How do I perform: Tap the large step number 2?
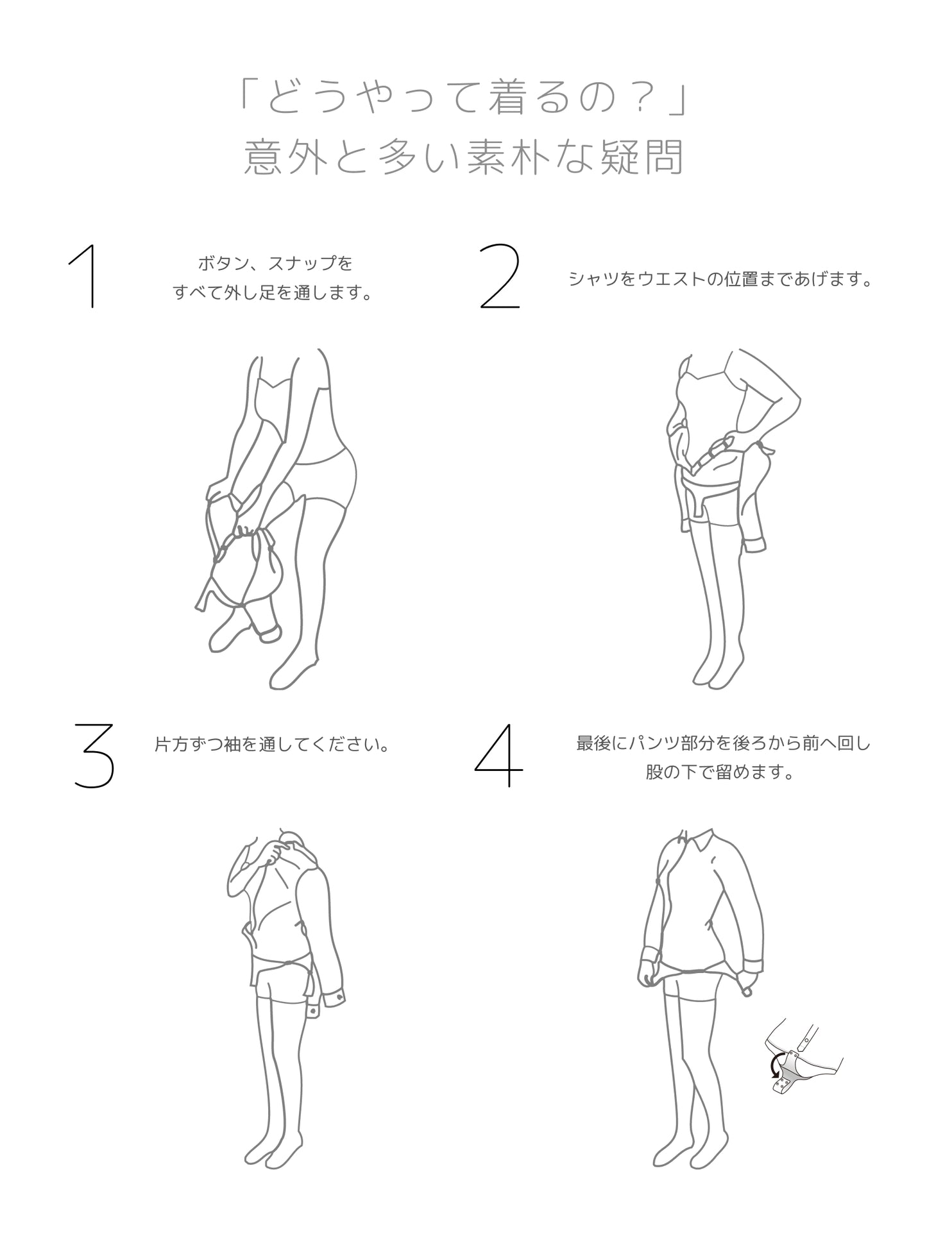500,277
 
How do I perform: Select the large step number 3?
94,755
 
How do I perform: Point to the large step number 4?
499,755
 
